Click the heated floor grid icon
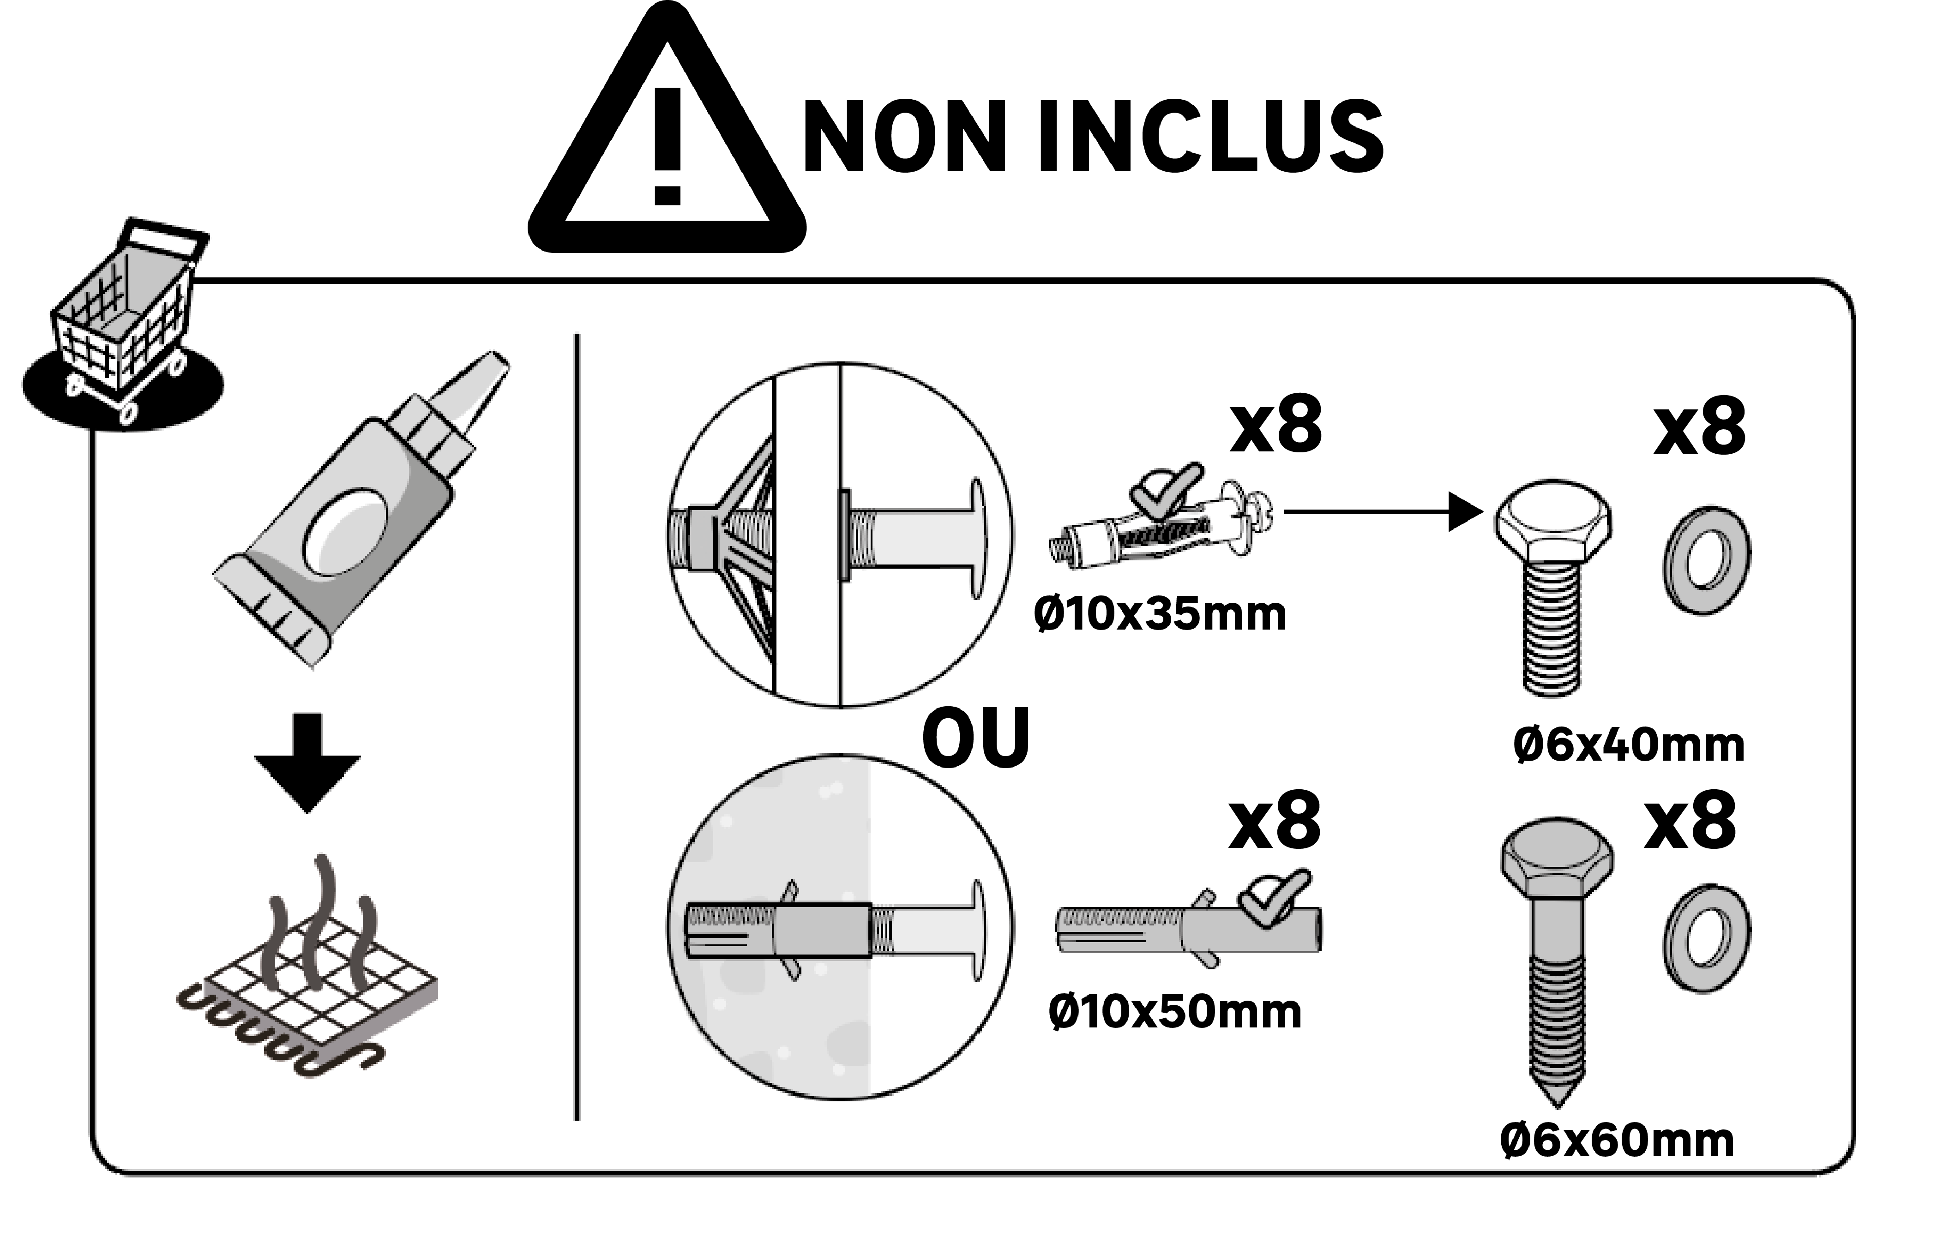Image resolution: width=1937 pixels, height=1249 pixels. tap(308, 973)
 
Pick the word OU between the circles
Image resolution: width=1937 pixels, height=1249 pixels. tap(976, 738)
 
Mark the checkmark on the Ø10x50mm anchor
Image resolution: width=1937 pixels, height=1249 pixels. tap(1274, 896)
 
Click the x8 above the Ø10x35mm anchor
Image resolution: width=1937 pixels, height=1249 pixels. tap(1276, 425)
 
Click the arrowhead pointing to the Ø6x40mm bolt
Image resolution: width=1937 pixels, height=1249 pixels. tap(1465, 512)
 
